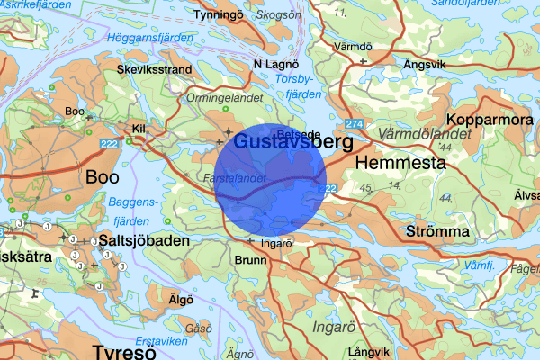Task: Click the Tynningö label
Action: [x=220, y=15]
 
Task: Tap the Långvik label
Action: [x=370, y=350]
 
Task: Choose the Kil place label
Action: [x=138, y=129]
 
